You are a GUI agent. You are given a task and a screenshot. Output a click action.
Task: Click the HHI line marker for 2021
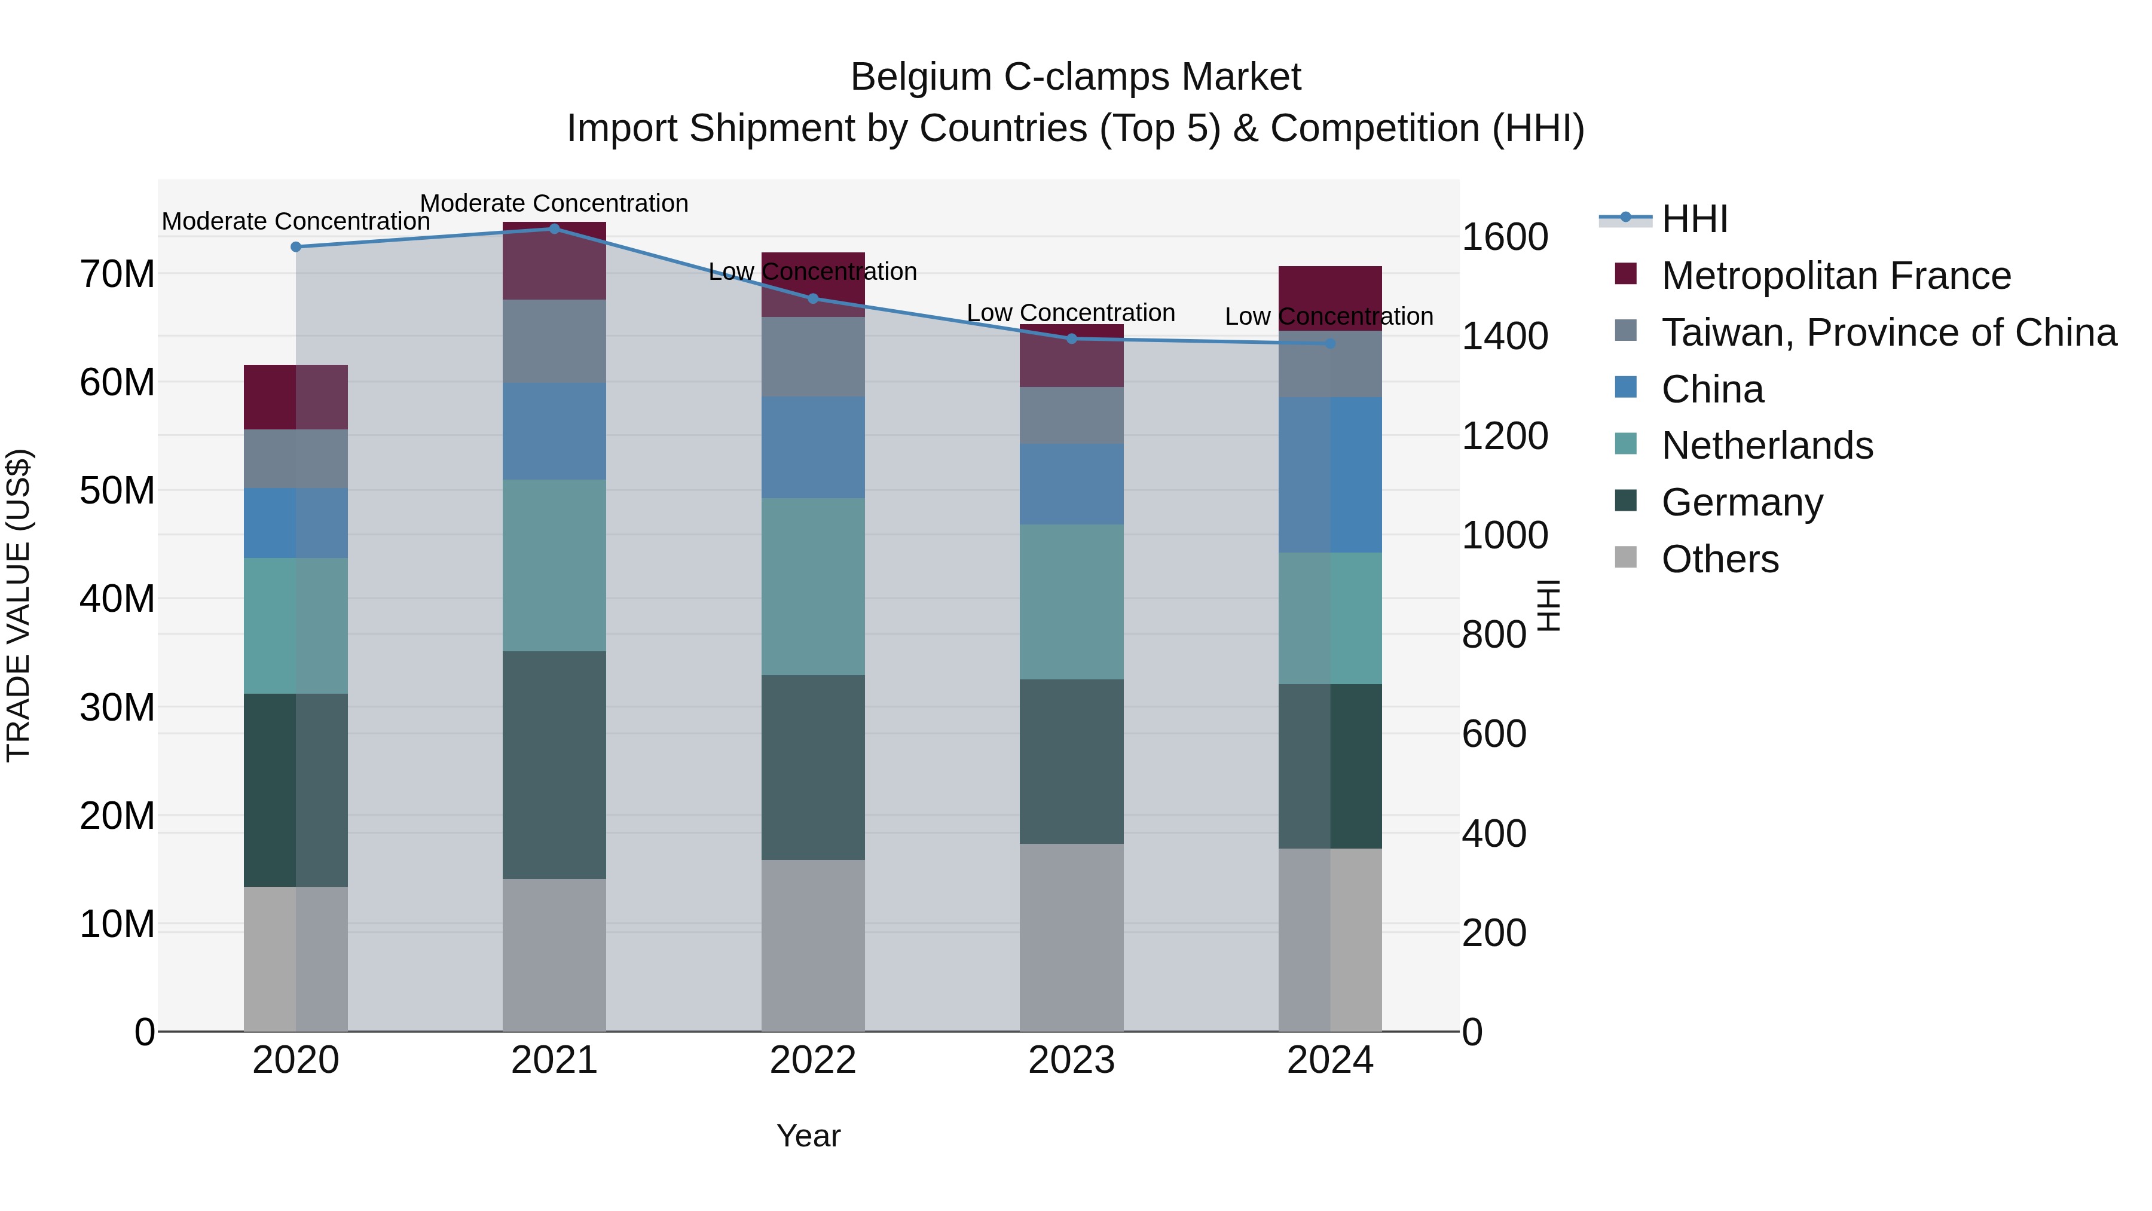[554, 229]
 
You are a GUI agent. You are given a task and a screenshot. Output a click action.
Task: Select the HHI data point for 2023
[1072, 338]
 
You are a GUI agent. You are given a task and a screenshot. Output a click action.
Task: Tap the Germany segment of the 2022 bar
[813, 767]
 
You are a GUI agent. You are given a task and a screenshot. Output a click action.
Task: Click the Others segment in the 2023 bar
[1072, 937]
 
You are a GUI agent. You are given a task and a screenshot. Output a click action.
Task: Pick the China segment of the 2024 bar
[1330, 475]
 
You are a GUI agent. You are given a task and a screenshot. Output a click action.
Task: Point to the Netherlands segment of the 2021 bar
[554, 565]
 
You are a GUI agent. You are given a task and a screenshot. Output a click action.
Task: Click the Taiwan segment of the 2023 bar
[1072, 416]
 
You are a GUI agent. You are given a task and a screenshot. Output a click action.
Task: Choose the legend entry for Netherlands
[1767, 446]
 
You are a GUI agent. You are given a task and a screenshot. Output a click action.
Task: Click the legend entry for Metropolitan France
[1835, 276]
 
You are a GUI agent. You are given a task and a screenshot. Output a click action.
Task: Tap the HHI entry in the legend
[1694, 219]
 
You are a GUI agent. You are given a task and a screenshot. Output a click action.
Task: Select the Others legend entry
[1719, 559]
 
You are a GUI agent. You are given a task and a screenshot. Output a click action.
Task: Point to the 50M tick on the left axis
[117, 490]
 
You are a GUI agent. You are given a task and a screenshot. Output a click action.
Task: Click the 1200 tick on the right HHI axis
[1504, 435]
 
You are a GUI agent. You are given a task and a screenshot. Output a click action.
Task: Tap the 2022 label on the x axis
[813, 1060]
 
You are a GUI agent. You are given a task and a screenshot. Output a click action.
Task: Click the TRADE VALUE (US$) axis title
[19, 605]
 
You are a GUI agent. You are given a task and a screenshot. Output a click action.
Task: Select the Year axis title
[808, 1136]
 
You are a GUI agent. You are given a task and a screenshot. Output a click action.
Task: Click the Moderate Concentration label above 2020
[296, 221]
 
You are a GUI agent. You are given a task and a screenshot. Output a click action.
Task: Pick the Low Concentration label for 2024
[1328, 317]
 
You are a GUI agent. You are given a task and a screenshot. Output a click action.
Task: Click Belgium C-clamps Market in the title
[1075, 77]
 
